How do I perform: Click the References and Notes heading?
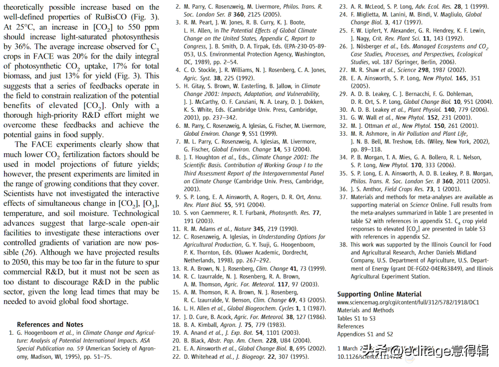pos(50,325)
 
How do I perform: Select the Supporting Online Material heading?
pos(379,294)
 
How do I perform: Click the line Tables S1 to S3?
pos(356,318)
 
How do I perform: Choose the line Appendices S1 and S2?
pos(365,334)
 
